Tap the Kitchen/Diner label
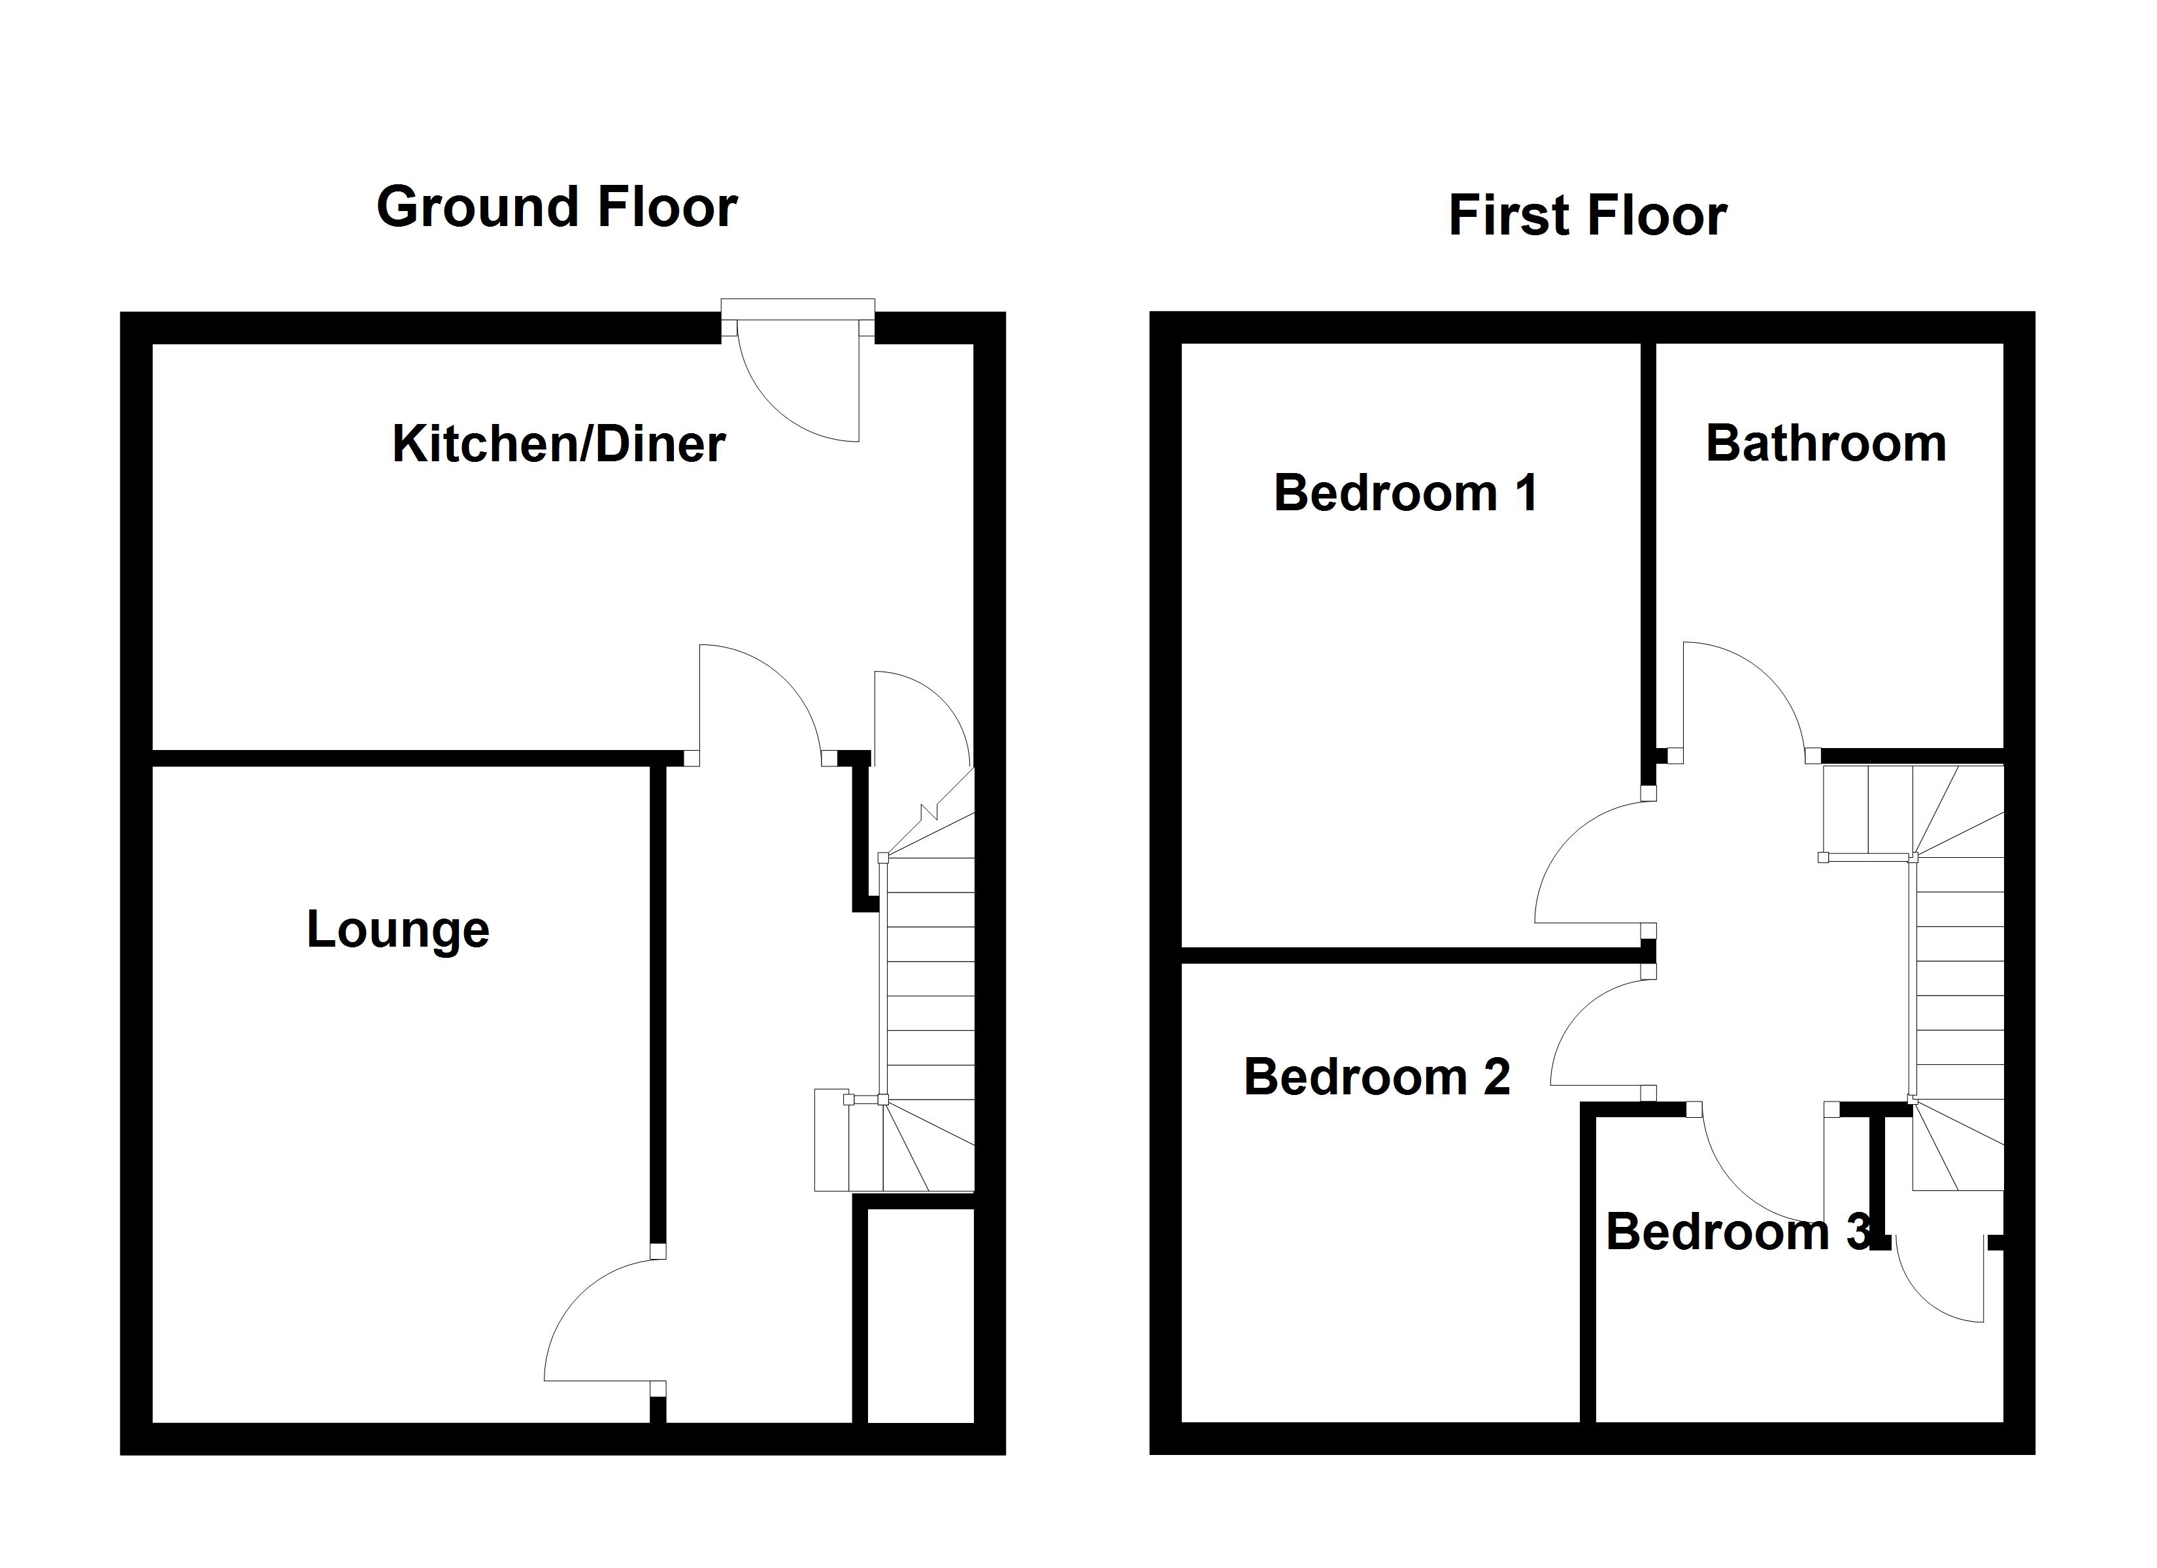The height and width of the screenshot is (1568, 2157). coord(558,444)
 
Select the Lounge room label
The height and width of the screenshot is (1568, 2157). coord(397,929)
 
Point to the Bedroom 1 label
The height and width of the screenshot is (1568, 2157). coord(1405,493)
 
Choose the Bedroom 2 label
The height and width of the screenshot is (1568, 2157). coord(1376,1077)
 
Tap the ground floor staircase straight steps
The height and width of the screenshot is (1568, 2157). coord(930,979)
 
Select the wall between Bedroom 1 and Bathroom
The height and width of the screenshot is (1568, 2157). coord(1648,542)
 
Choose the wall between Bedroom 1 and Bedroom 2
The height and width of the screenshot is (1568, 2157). coord(1407,956)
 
